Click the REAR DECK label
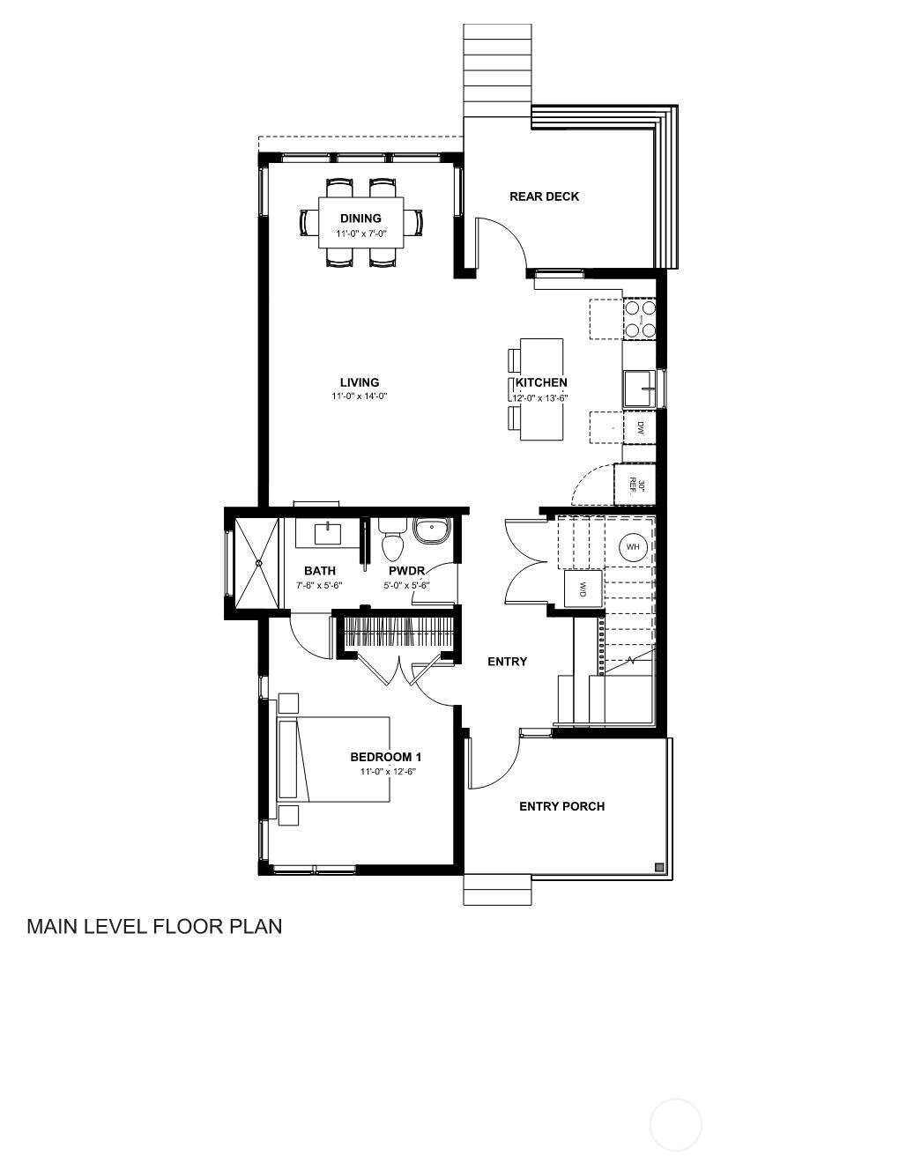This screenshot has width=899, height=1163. (544, 196)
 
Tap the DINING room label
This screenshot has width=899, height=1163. (360, 219)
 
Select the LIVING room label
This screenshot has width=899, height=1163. (360, 382)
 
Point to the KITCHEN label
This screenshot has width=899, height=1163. (541, 382)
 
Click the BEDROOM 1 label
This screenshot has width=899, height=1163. (386, 757)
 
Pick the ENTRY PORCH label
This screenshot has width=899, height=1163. (561, 806)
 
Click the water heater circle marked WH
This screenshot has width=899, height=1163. (632, 547)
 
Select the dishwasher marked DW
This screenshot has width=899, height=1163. (640, 427)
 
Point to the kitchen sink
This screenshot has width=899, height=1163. (639, 389)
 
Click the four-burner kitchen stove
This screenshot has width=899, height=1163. (640, 320)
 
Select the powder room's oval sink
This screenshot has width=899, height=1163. (431, 531)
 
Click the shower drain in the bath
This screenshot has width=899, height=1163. (259, 563)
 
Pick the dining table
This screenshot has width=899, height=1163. (360, 222)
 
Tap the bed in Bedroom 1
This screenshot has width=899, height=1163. (335, 759)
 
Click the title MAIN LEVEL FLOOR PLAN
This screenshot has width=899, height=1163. (154, 926)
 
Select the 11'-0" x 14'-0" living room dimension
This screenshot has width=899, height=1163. (360, 396)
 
